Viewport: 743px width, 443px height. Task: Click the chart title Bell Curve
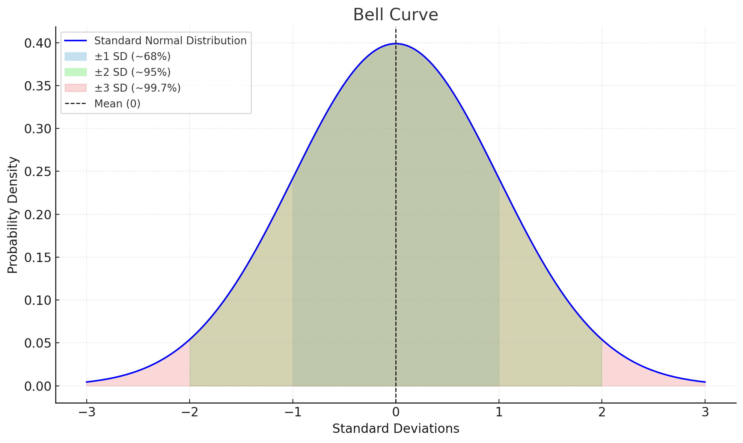[x=395, y=15]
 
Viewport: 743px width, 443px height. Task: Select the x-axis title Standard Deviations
[x=395, y=429]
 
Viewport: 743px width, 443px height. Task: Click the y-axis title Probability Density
[x=13, y=215]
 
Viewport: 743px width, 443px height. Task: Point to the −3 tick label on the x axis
[x=86, y=412]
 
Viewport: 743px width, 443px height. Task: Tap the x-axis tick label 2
[x=602, y=412]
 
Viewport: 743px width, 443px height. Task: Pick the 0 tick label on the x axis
[x=396, y=412]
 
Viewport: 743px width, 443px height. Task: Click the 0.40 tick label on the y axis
[x=38, y=43]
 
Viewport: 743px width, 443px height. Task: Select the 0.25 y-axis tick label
[x=38, y=172]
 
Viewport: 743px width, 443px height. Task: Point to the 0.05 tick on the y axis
[x=38, y=343]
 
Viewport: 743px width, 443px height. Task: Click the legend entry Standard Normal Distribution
[x=170, y=41]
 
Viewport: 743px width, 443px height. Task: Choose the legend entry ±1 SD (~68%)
[x=132, y=56]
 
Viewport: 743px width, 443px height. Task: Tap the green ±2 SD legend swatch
[x=75, y=72]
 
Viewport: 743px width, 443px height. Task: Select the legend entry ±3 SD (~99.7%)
[x=137, y=88]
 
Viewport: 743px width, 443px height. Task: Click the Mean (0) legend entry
[x=117, y=104]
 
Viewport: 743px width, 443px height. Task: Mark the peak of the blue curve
[x=396, y=44]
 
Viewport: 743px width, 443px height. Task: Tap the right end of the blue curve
[x=705, y=382]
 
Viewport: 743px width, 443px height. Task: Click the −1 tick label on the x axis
[x=292, y=412]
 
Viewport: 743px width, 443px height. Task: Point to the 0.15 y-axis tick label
[x=38, y=258]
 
